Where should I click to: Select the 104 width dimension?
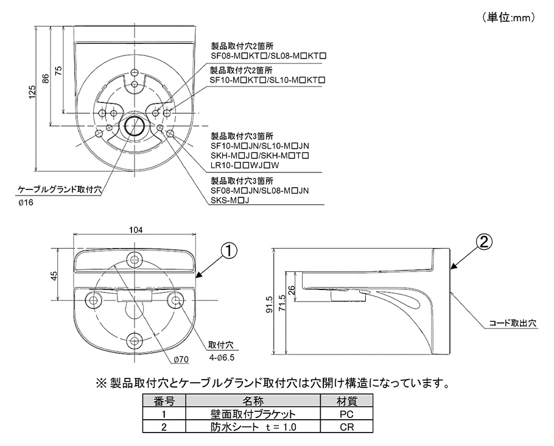[x=136, y=230]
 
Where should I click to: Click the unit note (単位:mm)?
[x=510, y=18]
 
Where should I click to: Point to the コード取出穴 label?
[x=513, y=324]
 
